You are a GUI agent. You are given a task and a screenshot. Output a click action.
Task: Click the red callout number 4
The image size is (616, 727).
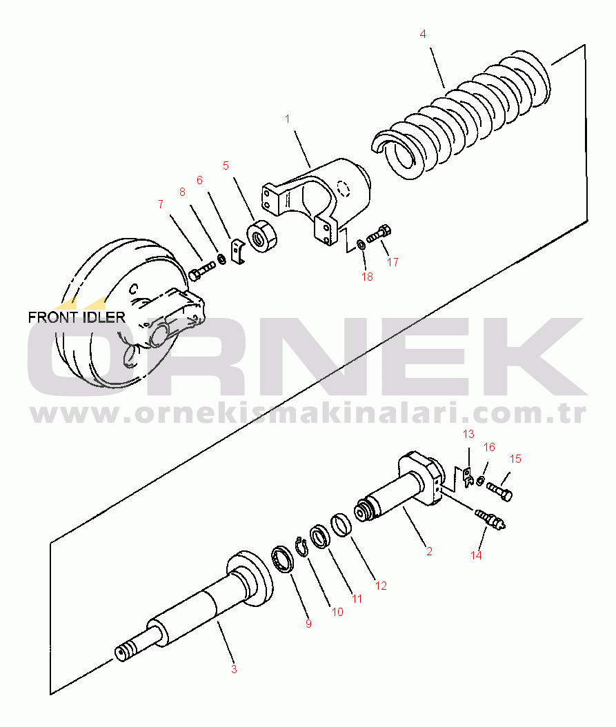point(423,33)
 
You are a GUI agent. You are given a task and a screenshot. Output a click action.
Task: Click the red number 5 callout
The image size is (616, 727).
point(226,166)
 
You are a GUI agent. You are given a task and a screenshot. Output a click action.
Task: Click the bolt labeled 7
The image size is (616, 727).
point(200,271)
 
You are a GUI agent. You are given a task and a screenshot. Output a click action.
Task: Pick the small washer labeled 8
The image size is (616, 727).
point(221,259)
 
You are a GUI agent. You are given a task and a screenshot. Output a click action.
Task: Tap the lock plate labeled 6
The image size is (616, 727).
point(237,252)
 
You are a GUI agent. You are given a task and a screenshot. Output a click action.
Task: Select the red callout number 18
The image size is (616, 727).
point(367,277)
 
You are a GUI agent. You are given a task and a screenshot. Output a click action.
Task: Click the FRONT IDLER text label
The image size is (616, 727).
point(77,317)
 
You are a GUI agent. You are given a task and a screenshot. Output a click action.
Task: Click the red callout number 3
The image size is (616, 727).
point(234,668)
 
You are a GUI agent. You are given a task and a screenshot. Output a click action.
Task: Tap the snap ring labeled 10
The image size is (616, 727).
point(301,546)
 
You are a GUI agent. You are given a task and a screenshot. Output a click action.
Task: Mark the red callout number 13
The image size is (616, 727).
point(468,435)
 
